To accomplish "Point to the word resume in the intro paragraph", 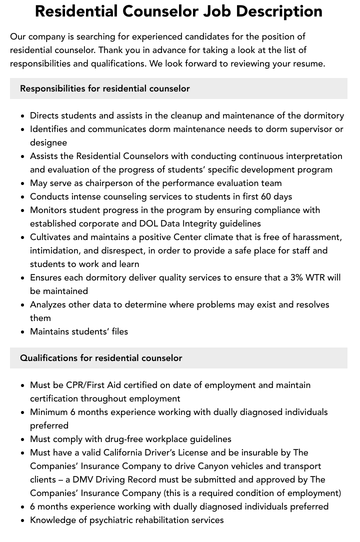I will (309, 63).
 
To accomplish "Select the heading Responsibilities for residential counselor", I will (105, 88).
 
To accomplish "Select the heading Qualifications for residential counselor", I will (101, 358).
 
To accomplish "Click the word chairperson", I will (108, 183).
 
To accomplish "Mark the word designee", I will (48, 142).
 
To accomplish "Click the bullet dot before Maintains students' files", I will (23, 331).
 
